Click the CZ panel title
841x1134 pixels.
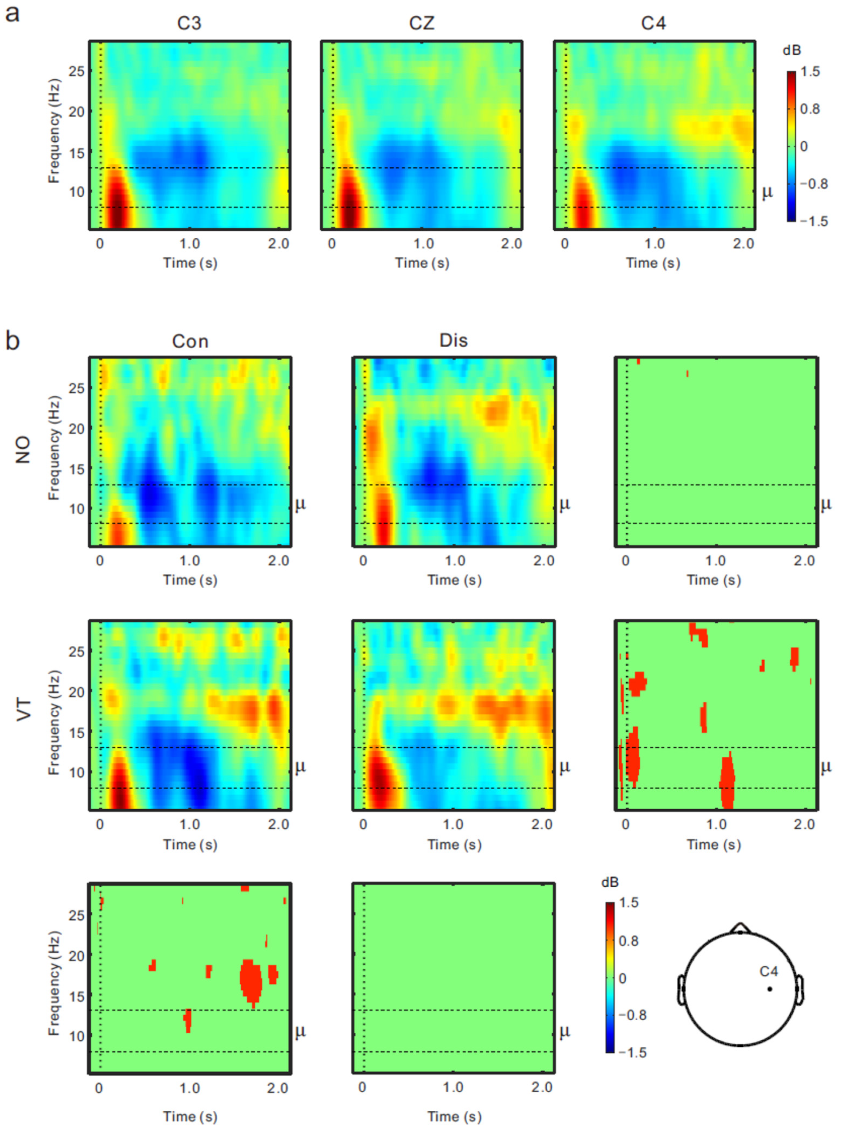(422, 24)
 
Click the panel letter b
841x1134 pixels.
(12, 340)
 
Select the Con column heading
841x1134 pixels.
(190, 341)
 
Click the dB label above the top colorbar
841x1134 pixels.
(792, 50)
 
